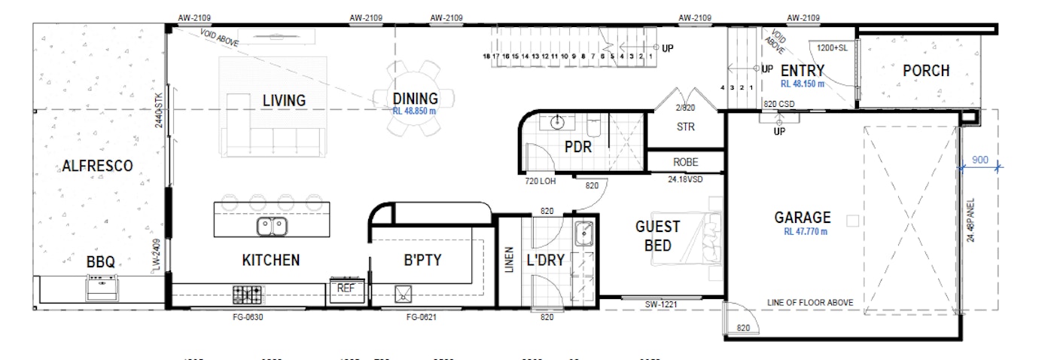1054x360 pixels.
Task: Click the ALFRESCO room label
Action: click(x=97, y=166)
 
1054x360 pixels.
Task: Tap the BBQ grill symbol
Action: click(x=101, y=287)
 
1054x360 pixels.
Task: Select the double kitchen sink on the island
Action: click(x=270, y=225)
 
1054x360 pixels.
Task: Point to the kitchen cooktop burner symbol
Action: click(x=248, y=292)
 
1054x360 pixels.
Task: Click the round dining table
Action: click(x=415, y=99)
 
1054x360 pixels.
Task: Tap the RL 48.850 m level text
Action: click(x=416, y=111)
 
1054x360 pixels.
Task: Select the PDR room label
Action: click(x=577, y=148)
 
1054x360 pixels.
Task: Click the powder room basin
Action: click(x=558, y=122)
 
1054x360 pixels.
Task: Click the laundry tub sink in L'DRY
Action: click(x=584, y=235)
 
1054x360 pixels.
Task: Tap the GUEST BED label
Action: click(x=657, y=236)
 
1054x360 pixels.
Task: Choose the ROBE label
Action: click(x=685, y=161)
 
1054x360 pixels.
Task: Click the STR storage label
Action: click(x=685, y=127)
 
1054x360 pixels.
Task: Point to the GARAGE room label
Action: click(x=803, y=218)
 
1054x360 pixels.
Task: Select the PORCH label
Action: click(x=925, y=72)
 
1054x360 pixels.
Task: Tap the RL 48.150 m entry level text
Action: click(x=803, y=84)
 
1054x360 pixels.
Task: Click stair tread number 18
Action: click(x=487, y=56)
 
